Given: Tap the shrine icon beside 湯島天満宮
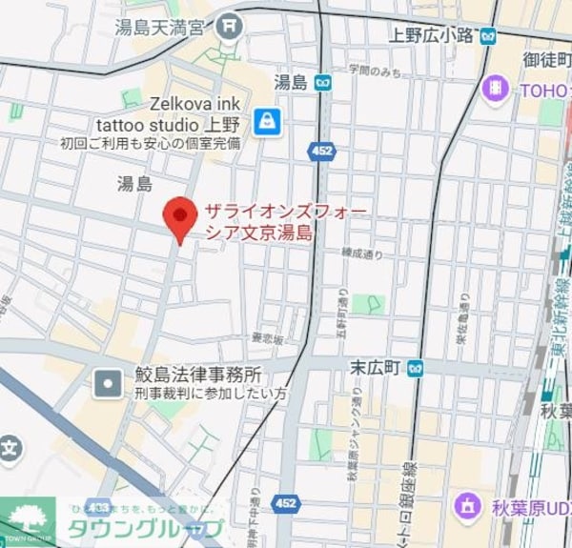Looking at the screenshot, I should tap(229, 28).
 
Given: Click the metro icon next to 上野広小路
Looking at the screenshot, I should tap(489, 36).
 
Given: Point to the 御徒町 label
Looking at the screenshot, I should tap(546, 59).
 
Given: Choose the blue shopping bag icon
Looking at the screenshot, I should tap(268, 121).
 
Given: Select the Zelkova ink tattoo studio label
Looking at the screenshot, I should tap(170, 112).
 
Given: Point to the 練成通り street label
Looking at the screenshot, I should tap(362, 254).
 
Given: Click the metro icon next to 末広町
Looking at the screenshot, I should tap(415, 367).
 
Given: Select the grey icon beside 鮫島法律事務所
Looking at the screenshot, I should tap(107, 383).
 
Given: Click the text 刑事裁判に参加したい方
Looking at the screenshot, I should tap(210, 393).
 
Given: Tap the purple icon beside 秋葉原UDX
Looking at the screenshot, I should tap(467, 505).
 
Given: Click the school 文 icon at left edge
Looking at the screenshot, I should tap(9, 446).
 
